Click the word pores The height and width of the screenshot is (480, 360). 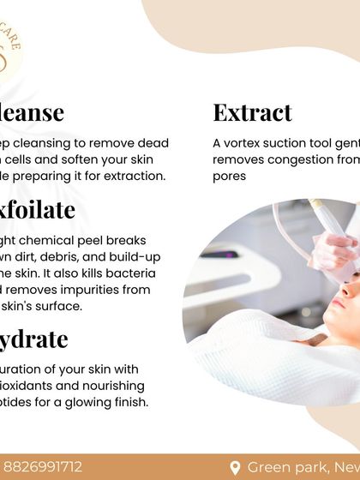coord(230,175)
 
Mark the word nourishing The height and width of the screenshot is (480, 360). coord(109,386)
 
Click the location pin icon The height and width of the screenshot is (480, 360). coord(235,467)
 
